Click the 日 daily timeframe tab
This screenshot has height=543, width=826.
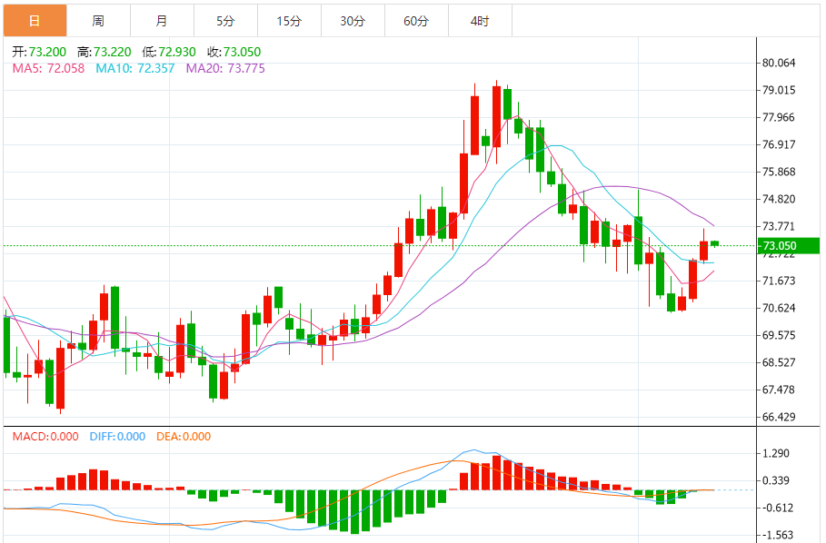pos(35,20)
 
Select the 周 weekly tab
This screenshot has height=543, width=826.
pos(98,20)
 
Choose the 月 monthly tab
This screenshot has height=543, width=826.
pos(162,20)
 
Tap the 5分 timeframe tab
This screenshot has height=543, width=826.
pos(225,20)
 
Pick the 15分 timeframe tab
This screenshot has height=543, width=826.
pos(289,20)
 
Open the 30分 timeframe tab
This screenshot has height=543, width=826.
pos(353,20)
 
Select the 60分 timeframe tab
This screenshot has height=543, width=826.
pos(416,20)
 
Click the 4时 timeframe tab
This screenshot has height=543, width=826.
pos(480,20)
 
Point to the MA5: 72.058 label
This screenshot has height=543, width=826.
pos(48,68)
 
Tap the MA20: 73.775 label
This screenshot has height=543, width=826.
pos(225,68)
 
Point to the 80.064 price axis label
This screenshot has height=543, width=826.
pos(780,63)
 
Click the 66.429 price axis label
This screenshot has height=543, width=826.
pos(780,417)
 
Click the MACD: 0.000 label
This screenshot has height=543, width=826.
pos(46,437)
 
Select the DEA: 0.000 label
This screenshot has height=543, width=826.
pos(184,437)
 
